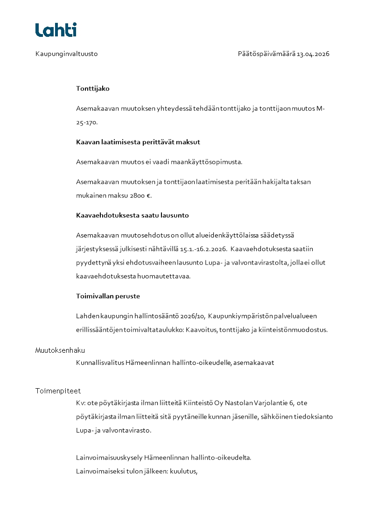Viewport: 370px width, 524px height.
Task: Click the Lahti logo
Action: click(x=56, y=30)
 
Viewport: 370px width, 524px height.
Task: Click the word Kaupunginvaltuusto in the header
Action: click(x=66, y=54)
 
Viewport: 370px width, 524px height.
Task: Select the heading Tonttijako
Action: click(x=93, y=88)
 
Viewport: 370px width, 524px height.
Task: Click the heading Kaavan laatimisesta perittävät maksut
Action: click(x=138, y=142)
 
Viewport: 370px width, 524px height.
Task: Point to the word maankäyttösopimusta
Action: click(x=212, y=162)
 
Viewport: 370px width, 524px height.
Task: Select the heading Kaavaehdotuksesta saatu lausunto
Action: click(x=133, y=216)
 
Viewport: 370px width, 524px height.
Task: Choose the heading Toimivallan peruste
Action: click(x=108, y=296)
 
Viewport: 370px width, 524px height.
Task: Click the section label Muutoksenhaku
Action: click(x=60, y=350)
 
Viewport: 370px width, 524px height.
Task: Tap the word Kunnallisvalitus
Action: click(x=100, y=363)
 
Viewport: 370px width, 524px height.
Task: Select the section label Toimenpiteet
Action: click(x=58, y=391)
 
